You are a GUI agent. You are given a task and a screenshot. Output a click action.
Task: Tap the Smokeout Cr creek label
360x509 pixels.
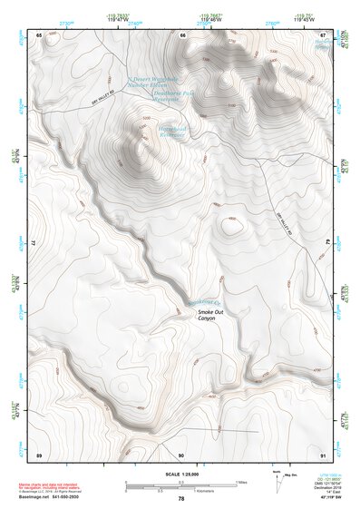198,300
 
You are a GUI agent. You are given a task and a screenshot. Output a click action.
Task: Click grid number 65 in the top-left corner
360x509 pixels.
39,35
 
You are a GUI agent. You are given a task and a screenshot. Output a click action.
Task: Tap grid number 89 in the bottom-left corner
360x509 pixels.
39,453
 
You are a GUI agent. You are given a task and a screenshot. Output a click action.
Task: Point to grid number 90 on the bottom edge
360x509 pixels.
181,453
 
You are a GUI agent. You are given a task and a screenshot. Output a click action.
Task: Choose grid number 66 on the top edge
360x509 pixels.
182,35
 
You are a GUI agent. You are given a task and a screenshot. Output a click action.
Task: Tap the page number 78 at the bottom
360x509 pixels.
180,498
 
